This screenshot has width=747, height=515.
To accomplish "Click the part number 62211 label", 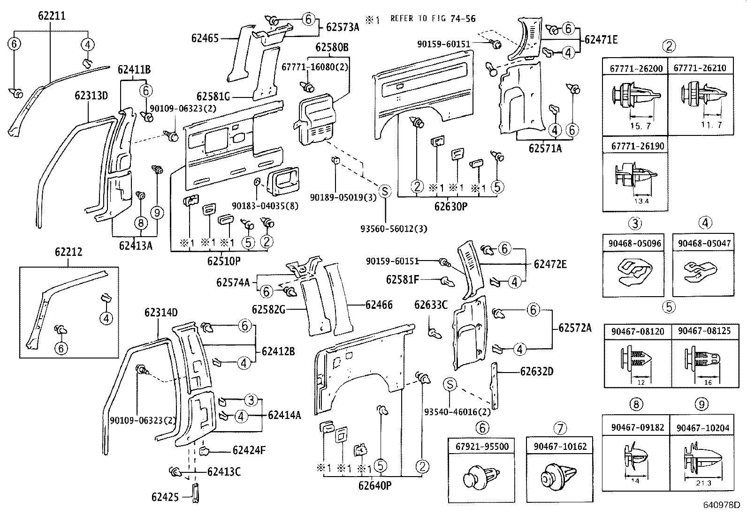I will tap(51, 16).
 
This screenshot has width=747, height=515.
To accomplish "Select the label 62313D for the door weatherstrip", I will tap(91, 96).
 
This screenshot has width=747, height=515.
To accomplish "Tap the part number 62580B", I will tap(332, 47).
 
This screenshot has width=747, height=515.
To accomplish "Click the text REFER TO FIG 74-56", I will tap(433, 19).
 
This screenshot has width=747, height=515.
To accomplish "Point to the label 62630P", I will tap(450, 206).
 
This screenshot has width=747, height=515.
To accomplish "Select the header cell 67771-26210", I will tap(700, 68).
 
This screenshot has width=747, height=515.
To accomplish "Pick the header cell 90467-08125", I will tap(704, 331).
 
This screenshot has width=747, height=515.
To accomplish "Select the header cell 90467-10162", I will tap(560, 447).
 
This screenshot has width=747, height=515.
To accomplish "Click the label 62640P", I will tap(374, 485).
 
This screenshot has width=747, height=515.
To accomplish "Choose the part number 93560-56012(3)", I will tap(394, 229).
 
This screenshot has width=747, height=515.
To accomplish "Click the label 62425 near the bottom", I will tap(165, 497).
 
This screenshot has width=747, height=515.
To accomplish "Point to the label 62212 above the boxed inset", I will tap(68, 252).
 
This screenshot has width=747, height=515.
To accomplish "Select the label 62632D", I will tap(536, 372).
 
